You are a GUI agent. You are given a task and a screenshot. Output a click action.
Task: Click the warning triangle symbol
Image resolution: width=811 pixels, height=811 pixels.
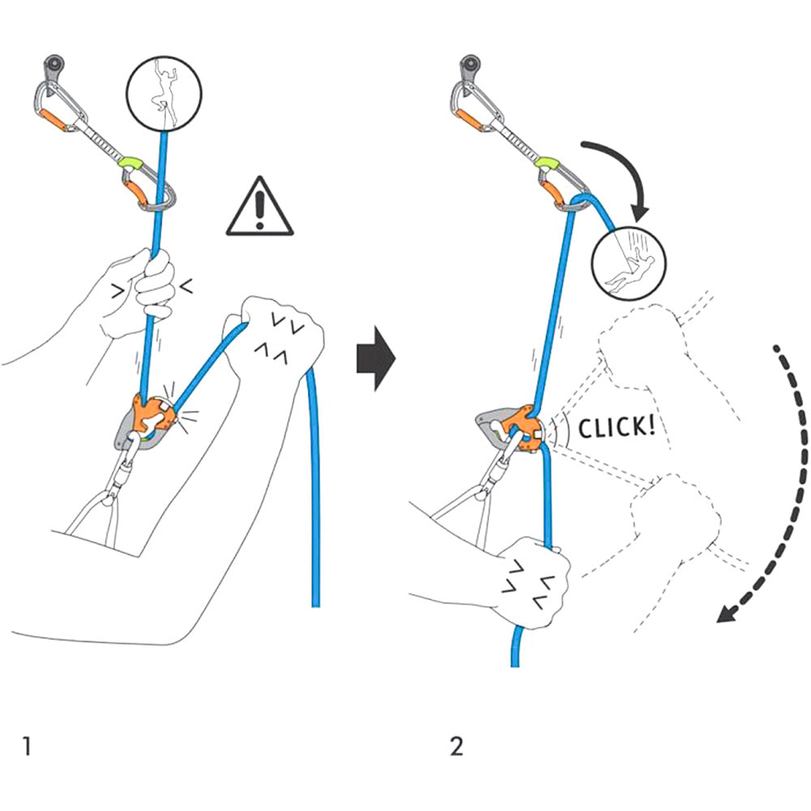tap(259, 210)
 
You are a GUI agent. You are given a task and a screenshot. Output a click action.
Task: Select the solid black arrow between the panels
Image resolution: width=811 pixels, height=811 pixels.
tap(375, 358)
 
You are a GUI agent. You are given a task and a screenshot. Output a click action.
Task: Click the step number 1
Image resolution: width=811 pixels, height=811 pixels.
tap(28, 745)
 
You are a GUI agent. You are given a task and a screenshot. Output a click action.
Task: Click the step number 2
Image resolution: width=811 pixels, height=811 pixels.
tap(457, 745)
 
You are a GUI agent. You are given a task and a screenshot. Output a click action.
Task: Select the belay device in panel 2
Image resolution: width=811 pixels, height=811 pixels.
tap(507, 427)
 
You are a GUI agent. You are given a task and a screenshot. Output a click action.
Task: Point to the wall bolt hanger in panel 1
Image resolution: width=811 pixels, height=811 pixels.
tap(55, 64)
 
